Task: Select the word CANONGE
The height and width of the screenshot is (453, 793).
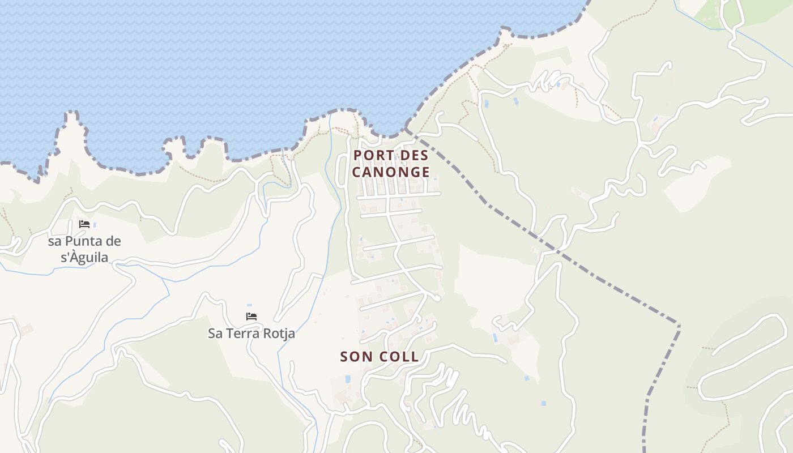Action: point(391,172)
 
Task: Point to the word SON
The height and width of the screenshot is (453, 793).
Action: point(357,356)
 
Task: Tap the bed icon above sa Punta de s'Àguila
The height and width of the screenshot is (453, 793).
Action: point(84,224)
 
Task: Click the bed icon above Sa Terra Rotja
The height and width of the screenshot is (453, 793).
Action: point(251,316)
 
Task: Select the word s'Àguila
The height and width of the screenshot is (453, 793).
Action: point(78,258)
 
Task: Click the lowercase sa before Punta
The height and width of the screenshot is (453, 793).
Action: point(54,241)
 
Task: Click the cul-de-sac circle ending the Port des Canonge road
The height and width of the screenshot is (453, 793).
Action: point(437,297)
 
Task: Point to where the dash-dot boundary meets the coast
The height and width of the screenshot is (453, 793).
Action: point(407,130)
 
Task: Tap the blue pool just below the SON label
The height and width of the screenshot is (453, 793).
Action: point(347,379)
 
